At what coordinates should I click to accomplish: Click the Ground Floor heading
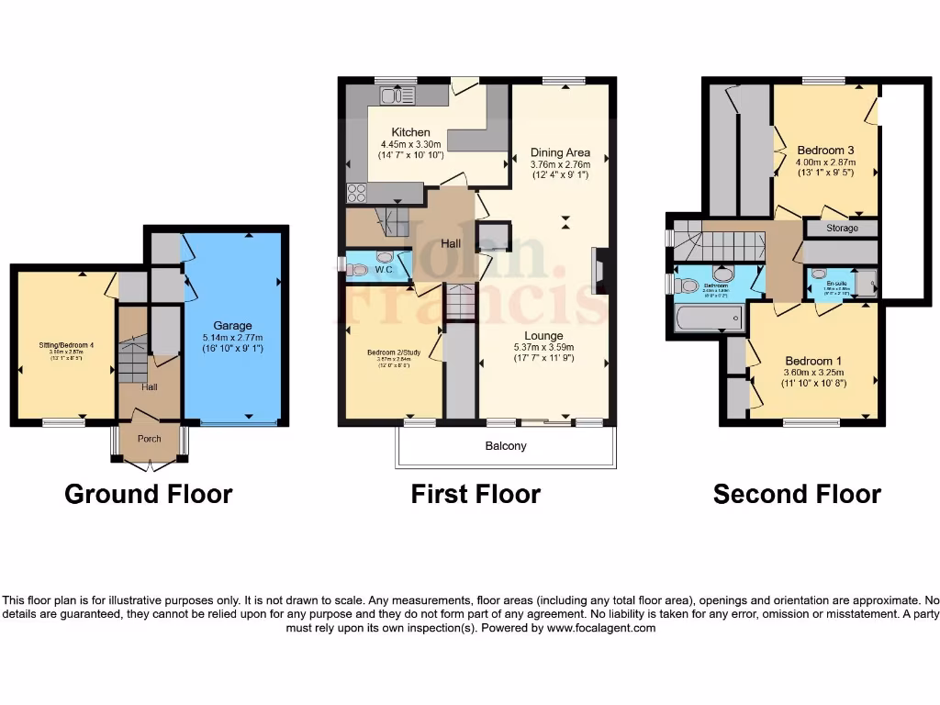148,494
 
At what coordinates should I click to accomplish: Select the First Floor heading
476,494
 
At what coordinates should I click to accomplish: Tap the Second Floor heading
797,494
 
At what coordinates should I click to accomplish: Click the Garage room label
232,325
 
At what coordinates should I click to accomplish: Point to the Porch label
149,439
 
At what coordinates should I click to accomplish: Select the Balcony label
506,446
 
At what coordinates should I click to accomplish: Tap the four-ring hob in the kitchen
356,193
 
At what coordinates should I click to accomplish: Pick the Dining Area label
560,152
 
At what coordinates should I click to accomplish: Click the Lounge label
543,335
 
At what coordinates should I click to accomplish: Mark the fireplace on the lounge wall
599,271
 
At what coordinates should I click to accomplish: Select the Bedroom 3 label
825,151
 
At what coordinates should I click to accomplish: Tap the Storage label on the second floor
842,228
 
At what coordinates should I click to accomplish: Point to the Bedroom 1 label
812,361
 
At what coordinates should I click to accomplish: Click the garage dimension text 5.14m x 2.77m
232,338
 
